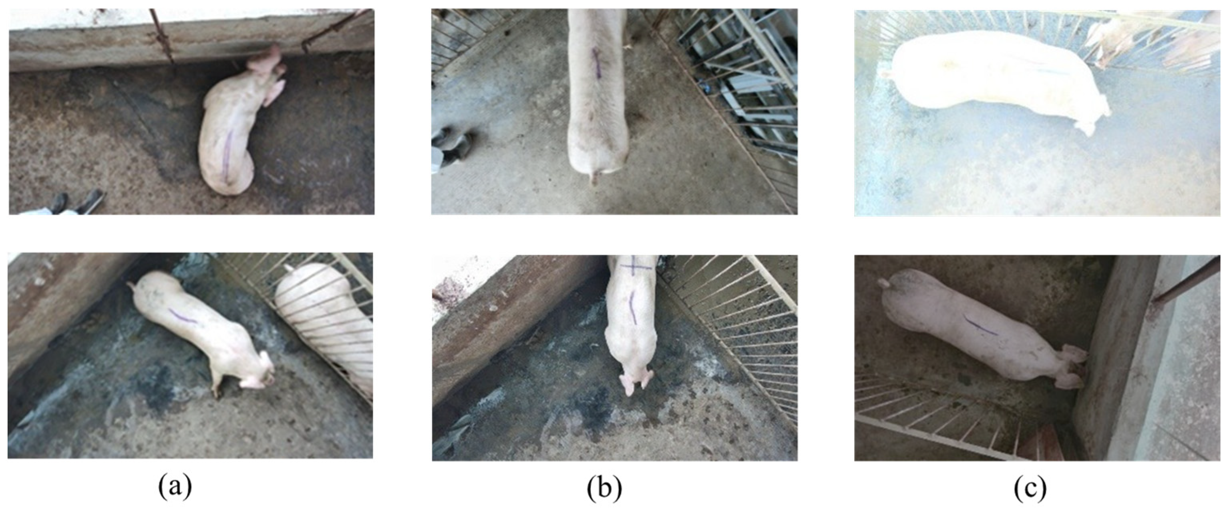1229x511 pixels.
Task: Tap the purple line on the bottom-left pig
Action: tap(184, 317)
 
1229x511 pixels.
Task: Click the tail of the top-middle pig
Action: tap(594, 179)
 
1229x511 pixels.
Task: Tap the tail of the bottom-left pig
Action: tap(131, 287)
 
